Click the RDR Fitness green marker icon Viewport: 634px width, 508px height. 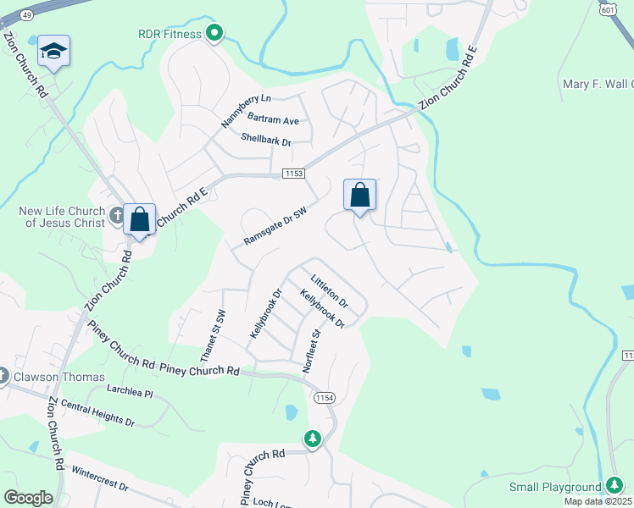tap(214, 34)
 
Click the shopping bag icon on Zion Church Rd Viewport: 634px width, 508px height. tap(139, 219)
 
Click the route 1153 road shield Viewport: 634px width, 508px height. tap(293, 174)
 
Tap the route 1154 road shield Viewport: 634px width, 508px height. tap(324, 398)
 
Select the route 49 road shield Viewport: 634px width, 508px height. tap(26, 14)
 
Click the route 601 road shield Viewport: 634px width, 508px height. tap(607, 8)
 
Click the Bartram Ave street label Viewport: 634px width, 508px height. tap(274, 121)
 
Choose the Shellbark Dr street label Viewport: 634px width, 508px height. tap(265, 140)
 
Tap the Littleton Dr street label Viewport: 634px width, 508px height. tap(329, 290)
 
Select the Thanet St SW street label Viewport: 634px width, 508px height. tap(211, 334)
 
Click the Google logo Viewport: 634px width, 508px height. tap(28, 498)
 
